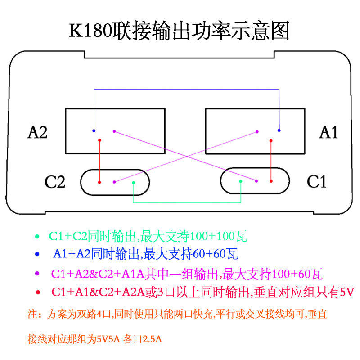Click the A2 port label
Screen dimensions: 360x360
point(38,133)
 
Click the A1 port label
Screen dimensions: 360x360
point(328,132)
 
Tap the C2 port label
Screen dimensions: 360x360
point(55,182)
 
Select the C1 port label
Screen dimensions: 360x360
point(316,182)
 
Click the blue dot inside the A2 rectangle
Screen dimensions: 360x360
point(94,131)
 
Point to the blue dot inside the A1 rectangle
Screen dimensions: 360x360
point(279,130)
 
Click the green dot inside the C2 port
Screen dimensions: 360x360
point(134,182)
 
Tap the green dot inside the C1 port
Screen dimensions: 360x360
point(241,181)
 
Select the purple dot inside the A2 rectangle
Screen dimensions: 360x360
point(114,131)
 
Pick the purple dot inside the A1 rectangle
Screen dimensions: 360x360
point(257,131)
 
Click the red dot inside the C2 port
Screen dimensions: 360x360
point(99,182)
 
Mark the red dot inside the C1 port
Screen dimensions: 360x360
point(271,181)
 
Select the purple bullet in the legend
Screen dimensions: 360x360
point(38,273)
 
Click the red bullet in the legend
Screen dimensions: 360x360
point(38,292)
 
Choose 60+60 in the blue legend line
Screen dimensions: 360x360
point(209,254)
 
